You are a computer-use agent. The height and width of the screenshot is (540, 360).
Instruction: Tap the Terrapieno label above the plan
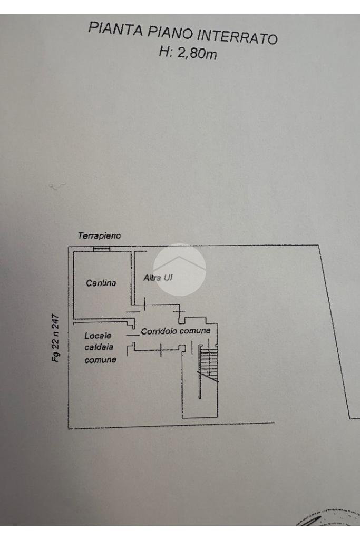point(99,237)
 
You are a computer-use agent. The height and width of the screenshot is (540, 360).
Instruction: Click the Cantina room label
point(100,283)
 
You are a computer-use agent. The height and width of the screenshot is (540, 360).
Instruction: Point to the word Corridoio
point(159,331)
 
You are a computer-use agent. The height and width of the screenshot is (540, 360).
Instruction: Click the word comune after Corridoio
point(195,331)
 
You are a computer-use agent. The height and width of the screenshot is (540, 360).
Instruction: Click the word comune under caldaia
point(100,360)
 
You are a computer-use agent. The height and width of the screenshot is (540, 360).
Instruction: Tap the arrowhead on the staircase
point(210,375)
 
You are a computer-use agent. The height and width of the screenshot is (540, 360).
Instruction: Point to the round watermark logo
point(179,269)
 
